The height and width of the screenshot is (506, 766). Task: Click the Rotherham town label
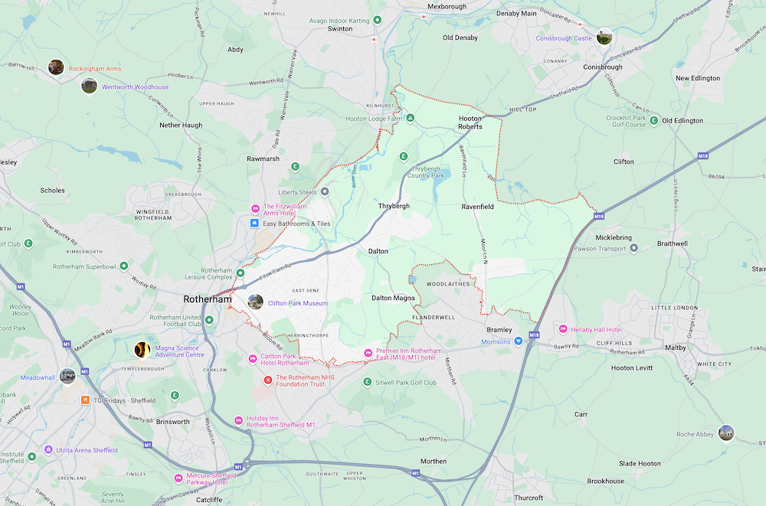tap(207, 299)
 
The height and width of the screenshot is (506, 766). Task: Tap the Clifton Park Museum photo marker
tap(255, 302)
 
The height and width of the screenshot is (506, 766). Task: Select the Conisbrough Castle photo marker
tap(604, 37)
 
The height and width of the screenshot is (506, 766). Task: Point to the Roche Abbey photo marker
tap(726, 433)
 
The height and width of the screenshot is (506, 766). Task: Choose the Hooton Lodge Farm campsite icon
tap(411, 119)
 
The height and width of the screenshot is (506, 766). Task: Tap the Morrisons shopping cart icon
tap(519, 341)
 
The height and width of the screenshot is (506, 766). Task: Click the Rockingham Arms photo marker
tap(55, 67)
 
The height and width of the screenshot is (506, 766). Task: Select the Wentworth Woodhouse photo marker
tap(90, 86)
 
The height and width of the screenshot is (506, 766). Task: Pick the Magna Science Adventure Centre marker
tap(142, 350)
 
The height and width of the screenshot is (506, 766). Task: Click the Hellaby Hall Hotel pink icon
tap(563, 329)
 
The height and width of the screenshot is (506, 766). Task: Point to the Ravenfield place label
tap(478, 206)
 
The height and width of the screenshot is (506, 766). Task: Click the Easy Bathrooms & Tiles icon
tap(255, 223)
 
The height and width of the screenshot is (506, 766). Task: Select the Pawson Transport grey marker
tap(633, 248)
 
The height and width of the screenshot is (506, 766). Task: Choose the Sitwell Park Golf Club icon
tap(368, 383)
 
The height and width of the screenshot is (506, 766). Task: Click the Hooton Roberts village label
tap(470, 122)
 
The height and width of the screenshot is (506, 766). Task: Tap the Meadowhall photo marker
tap(67, 376)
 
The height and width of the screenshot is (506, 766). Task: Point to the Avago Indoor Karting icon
tap(377, 21)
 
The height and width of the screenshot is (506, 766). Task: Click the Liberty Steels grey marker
tap(325, 191)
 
